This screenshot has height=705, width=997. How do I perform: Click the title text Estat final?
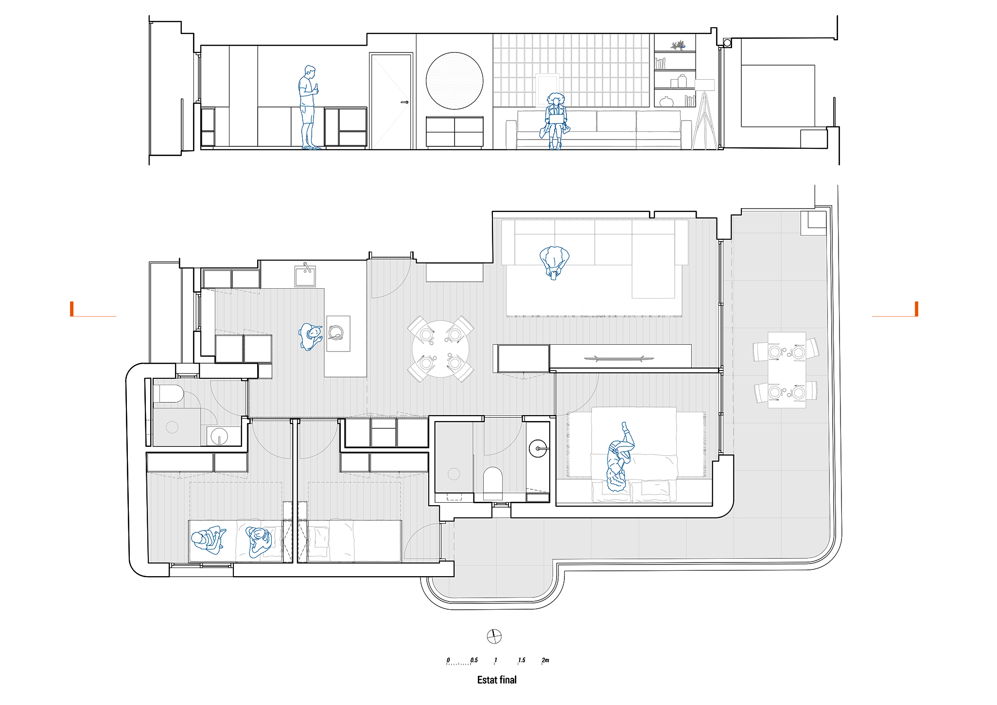click(497, 680)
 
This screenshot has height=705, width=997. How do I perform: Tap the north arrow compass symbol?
click(494, 636)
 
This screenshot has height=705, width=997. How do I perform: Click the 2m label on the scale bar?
click(545, 660)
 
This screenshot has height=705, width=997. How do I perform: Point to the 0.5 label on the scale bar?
click(474, 660)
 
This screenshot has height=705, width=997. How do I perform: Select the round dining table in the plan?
click(440, 349)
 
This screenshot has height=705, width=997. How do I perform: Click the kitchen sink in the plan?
click(305, 276)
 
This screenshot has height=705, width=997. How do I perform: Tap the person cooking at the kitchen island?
click(311, 336)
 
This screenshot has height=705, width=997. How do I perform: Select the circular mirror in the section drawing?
click(455, 81)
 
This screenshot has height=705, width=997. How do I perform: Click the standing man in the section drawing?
click(308, 107)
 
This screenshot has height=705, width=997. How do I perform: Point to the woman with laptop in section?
click(555, 121)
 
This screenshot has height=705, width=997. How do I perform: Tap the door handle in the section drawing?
click(404, 102)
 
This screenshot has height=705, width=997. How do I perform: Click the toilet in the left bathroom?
click(168, 394)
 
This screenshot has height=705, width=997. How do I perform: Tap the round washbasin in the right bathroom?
click(538, 448)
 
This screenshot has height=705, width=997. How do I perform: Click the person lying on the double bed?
click(619, 457)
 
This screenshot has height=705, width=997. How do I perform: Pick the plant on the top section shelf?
click(678, 46)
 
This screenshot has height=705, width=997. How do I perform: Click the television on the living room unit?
click(619, 359)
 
